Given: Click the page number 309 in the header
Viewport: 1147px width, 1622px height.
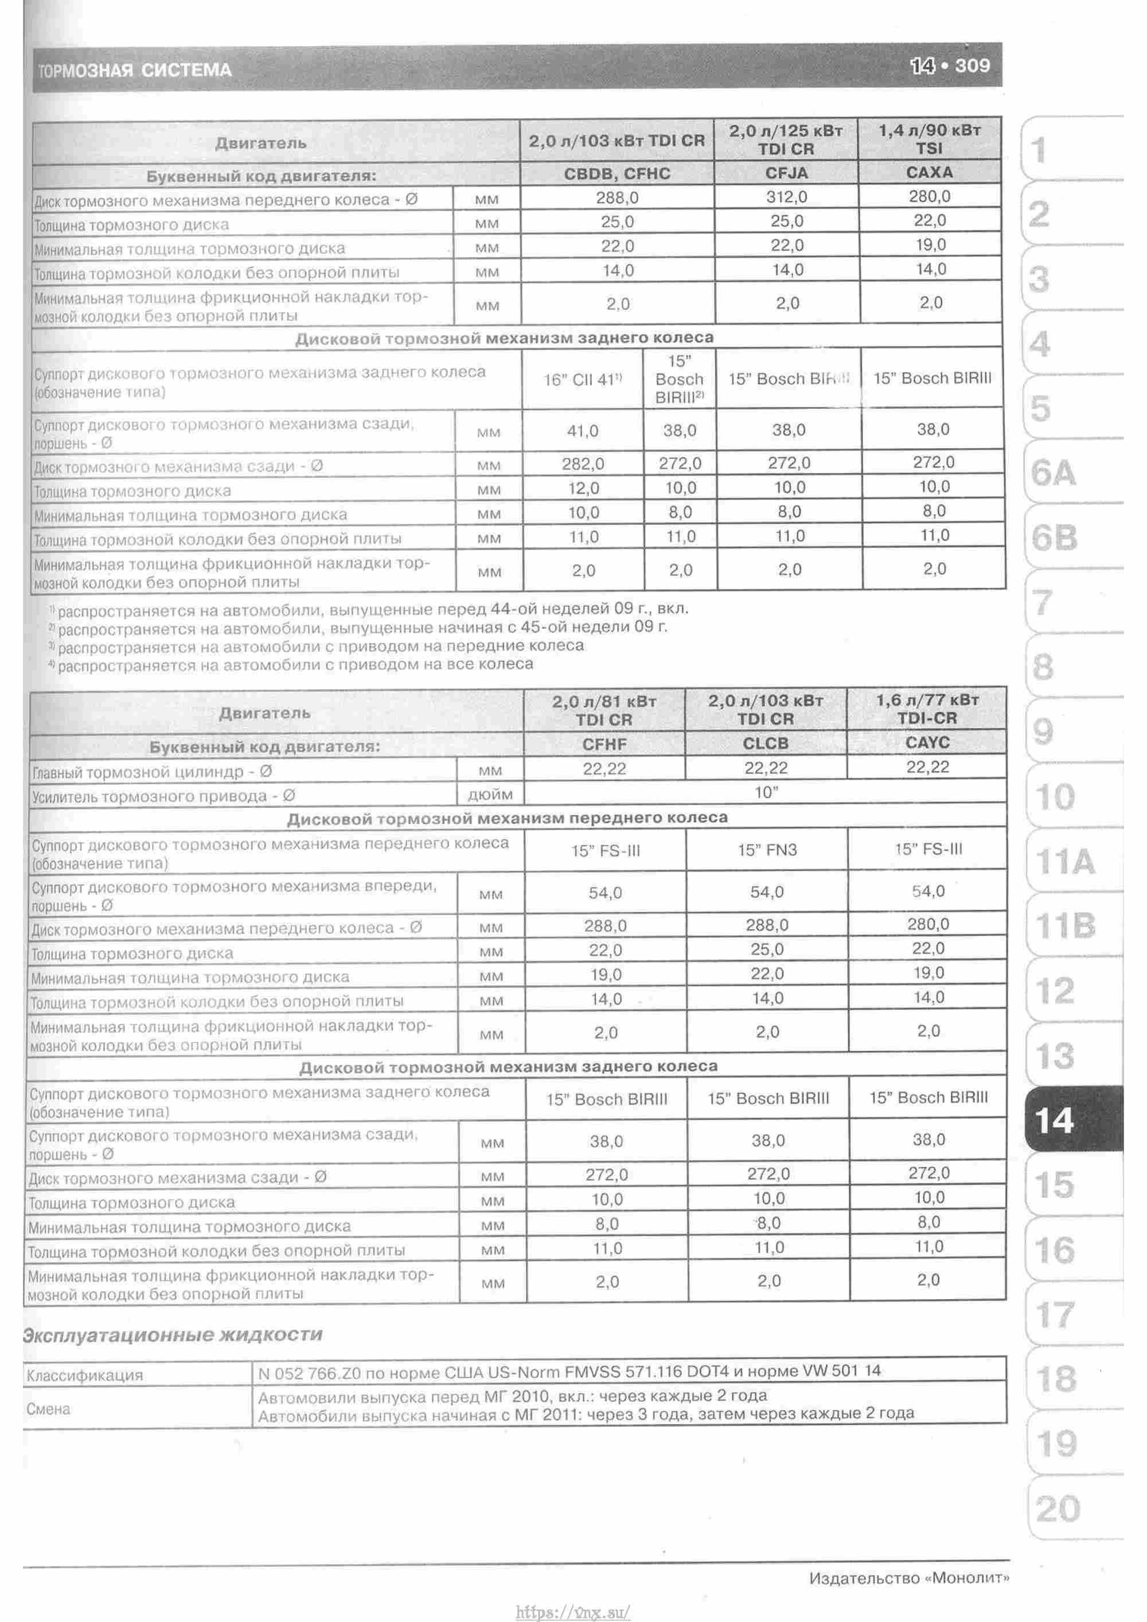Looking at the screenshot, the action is [x=973, y=67].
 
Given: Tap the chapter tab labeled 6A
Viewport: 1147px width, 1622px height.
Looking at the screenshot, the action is [x=1053, y=473].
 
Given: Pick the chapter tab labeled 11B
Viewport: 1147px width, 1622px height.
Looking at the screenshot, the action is [x=1065, y=925].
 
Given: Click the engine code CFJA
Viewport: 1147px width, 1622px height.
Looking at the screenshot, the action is [x=787, y=173].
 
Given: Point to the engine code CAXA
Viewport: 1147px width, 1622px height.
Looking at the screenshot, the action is [x=930, y=172].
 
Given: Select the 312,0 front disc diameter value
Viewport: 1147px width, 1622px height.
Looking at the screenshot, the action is [x=787, y=197].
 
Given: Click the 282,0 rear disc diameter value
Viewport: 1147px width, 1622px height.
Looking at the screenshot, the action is [x=583, y=464].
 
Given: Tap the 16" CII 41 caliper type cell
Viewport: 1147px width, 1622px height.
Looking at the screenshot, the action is [x=583, y=379].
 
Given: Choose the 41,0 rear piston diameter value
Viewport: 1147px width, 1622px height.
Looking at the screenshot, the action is [x=583, y=430].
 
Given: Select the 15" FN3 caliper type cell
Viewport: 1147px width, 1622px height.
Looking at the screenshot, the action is [x=767, y=850].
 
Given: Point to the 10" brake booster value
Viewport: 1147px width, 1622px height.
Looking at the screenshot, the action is [x=766, y=792].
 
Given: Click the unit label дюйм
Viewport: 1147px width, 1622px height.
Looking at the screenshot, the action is [x=490, y=795].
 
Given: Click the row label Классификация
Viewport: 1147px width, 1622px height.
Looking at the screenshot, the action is [x=85, y=1374].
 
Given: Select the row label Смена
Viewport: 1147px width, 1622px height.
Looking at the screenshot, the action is [x=48, y=1409].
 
